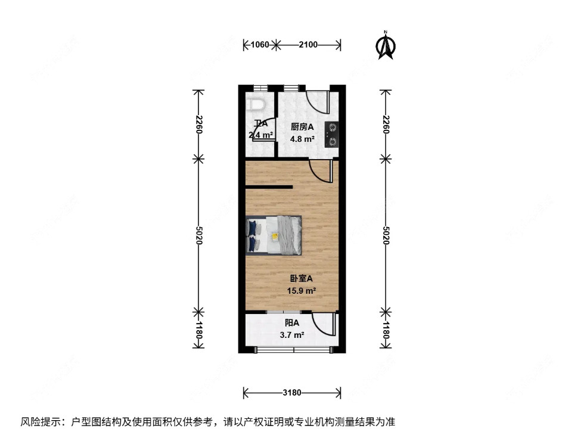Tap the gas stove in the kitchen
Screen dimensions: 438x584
(331, 134)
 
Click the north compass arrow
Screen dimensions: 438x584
(386, 46)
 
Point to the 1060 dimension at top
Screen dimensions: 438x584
(260, 44)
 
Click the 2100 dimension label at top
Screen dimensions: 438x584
(308, 44)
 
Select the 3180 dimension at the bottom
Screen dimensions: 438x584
(292, 393)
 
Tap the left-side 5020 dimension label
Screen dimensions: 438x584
(198, 235)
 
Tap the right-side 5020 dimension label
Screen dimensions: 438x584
(386, 235)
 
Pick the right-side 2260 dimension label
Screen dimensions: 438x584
(386, 125)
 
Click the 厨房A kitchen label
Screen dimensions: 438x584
(302, 127)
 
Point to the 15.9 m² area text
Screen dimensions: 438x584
(301, 291)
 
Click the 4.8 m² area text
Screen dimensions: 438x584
(302, 139)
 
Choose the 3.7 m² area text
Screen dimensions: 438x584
(292, 335)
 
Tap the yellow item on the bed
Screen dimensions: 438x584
(275, 237)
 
